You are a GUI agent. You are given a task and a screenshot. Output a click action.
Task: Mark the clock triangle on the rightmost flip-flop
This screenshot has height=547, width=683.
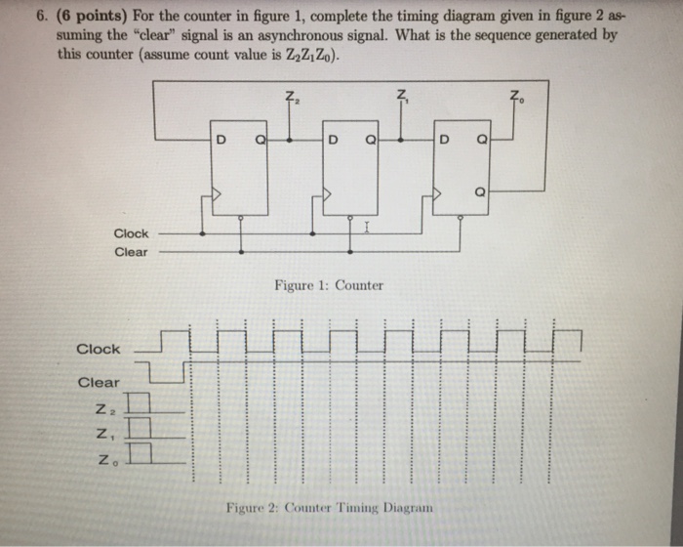(x=441, y=196)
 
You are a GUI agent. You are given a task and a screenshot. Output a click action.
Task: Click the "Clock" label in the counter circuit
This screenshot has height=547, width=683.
(x=131, y=233)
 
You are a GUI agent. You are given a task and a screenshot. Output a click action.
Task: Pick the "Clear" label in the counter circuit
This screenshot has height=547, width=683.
(x=131, y=252)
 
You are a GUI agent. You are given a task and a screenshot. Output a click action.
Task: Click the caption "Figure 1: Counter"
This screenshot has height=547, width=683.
(x=329, y=286)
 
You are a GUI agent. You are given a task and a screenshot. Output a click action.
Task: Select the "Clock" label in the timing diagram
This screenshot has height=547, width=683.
(x=99, y=349)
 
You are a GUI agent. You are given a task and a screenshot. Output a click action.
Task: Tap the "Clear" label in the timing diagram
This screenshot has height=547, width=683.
(x=99, y=382)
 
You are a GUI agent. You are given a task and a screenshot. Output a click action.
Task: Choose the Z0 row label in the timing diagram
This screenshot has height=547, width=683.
(x=102, y=453)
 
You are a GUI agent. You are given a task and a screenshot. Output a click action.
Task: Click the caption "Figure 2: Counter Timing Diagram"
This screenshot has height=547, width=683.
(x=329, y=508)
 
